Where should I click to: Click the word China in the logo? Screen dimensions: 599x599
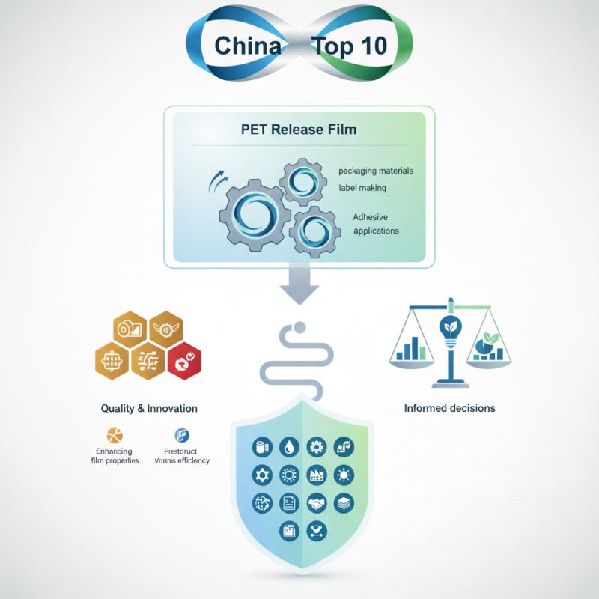click(x=248, y=46)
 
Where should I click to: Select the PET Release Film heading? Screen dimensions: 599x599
click(x=299, y=129)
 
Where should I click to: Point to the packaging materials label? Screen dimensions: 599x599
click(x=375, y=171)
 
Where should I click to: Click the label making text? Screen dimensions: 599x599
click(x=362, y=188)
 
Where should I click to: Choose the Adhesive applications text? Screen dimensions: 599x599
click(x=376, y=224)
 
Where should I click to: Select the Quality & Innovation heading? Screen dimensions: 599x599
click(x=149, y=409)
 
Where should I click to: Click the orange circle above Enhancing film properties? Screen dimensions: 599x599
click(x=115, y=435)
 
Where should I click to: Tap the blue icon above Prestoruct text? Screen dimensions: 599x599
click(x=181, y=435)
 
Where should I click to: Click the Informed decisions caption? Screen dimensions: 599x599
click(x=449, y=409)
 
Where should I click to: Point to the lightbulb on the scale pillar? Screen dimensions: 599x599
click(x=449, y=329)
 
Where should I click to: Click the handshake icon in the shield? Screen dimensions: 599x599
click(x=316, y=503)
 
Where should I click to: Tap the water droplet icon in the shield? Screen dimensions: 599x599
click(x=288, y=447)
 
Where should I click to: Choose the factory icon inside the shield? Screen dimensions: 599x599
click(x=316, y=475)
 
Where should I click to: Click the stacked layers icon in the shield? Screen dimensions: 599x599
click(x=343, y=503)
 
